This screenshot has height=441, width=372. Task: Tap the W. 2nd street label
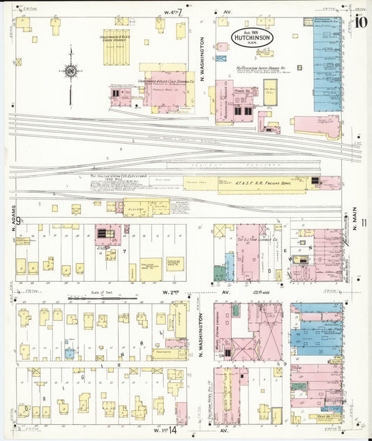pyautogui.click(x=170, y=292)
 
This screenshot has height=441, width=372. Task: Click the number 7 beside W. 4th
pyautogui.click(x=181, y=12)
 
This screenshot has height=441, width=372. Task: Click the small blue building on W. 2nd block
pyautogui.click(x=69, y=354)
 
